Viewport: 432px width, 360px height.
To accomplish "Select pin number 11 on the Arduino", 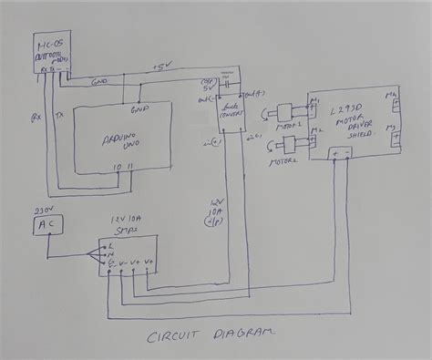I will (x=129, y=167).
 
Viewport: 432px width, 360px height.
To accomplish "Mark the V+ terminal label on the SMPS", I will (x=134, y=262).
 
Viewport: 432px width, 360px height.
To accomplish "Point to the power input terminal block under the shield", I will (x=342, y=154).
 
